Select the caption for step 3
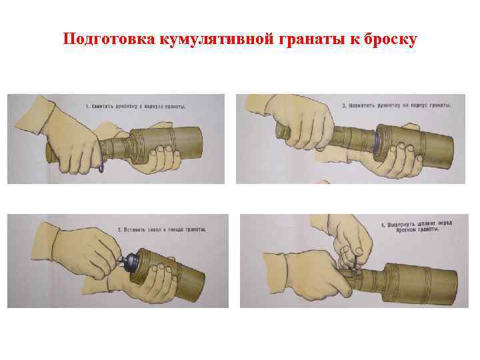[x=396, y=105]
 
